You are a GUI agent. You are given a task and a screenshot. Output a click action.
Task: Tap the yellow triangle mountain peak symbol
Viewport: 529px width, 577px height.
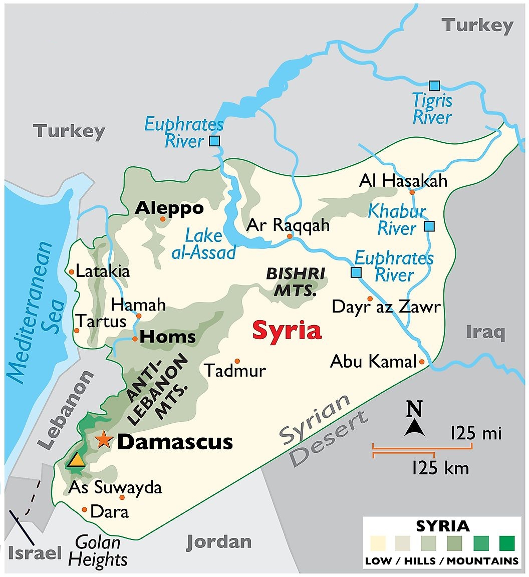coord(77,459)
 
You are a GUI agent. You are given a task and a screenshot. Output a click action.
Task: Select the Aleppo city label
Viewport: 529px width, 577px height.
coord(170,208)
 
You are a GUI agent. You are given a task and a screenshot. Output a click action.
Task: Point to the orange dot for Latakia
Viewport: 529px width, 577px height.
coord(72,272)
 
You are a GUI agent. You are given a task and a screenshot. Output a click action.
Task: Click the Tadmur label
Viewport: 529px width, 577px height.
coord(235,371)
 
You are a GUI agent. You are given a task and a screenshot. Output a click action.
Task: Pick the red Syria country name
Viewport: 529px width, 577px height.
coord(287,331)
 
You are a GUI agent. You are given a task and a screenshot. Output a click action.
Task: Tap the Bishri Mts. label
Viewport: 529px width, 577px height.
coord(295,281)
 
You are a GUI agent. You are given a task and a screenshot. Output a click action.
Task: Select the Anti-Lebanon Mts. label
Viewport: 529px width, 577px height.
coord(157,386)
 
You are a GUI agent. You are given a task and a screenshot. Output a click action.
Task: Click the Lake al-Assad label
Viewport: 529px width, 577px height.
coord(203,244)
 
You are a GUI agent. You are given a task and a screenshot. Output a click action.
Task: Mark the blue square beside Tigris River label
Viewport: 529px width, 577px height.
coord(434,86)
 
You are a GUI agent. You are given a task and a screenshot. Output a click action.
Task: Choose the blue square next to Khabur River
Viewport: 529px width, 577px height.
coord(429,226)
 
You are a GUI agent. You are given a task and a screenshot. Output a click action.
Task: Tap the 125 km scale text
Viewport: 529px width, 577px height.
coord(440,468)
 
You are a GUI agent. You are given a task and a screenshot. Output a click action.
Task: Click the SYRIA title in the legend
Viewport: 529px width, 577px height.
coord(443,526)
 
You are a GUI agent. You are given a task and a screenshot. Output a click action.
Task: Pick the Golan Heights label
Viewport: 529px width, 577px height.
coord(98,551)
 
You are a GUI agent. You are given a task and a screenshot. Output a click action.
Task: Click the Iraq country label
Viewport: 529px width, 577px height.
coord(485,332)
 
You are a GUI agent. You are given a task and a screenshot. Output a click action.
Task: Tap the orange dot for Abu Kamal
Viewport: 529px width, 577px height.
coord(422,362)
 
